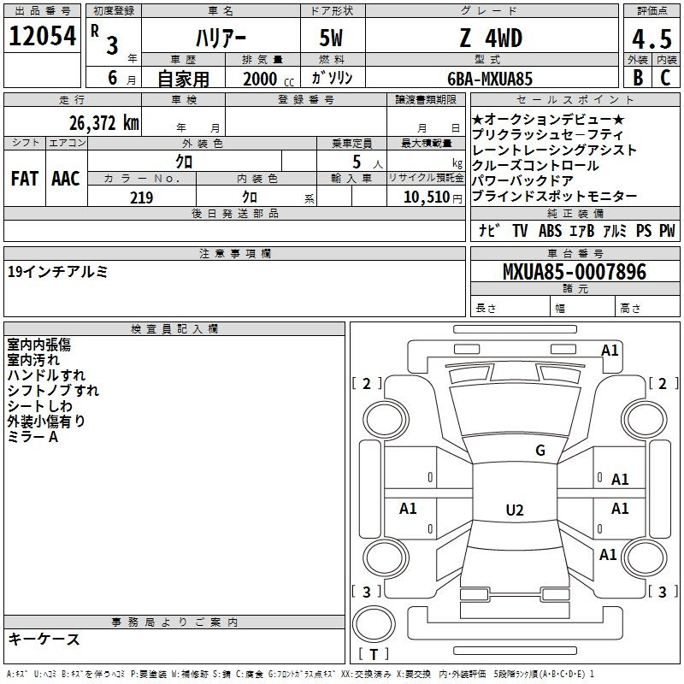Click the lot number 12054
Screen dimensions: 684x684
(42, 36)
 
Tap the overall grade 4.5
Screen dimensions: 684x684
(652, 38)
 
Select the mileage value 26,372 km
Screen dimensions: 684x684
(103, 123)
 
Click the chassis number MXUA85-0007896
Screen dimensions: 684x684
(575, 272)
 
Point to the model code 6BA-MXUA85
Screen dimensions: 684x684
(490, 79)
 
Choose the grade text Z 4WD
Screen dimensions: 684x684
(491, 38)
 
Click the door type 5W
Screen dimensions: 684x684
(331, 38)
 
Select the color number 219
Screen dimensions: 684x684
(141, 198)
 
